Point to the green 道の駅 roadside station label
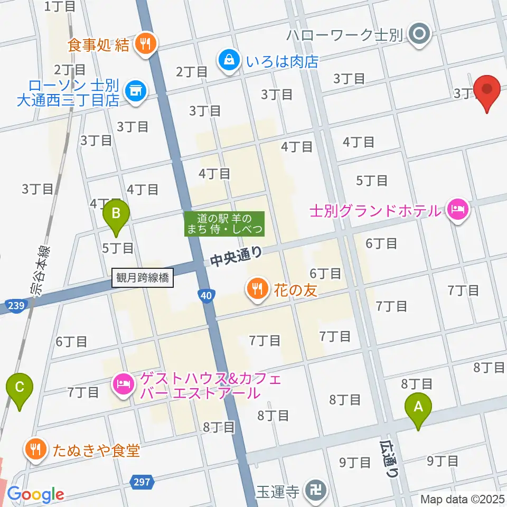tap(224, 224)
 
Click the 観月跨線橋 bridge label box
tap(143, 278)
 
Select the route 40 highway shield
tap(208, 296)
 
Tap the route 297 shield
tap(139, 481)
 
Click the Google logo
tap(36, 494)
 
